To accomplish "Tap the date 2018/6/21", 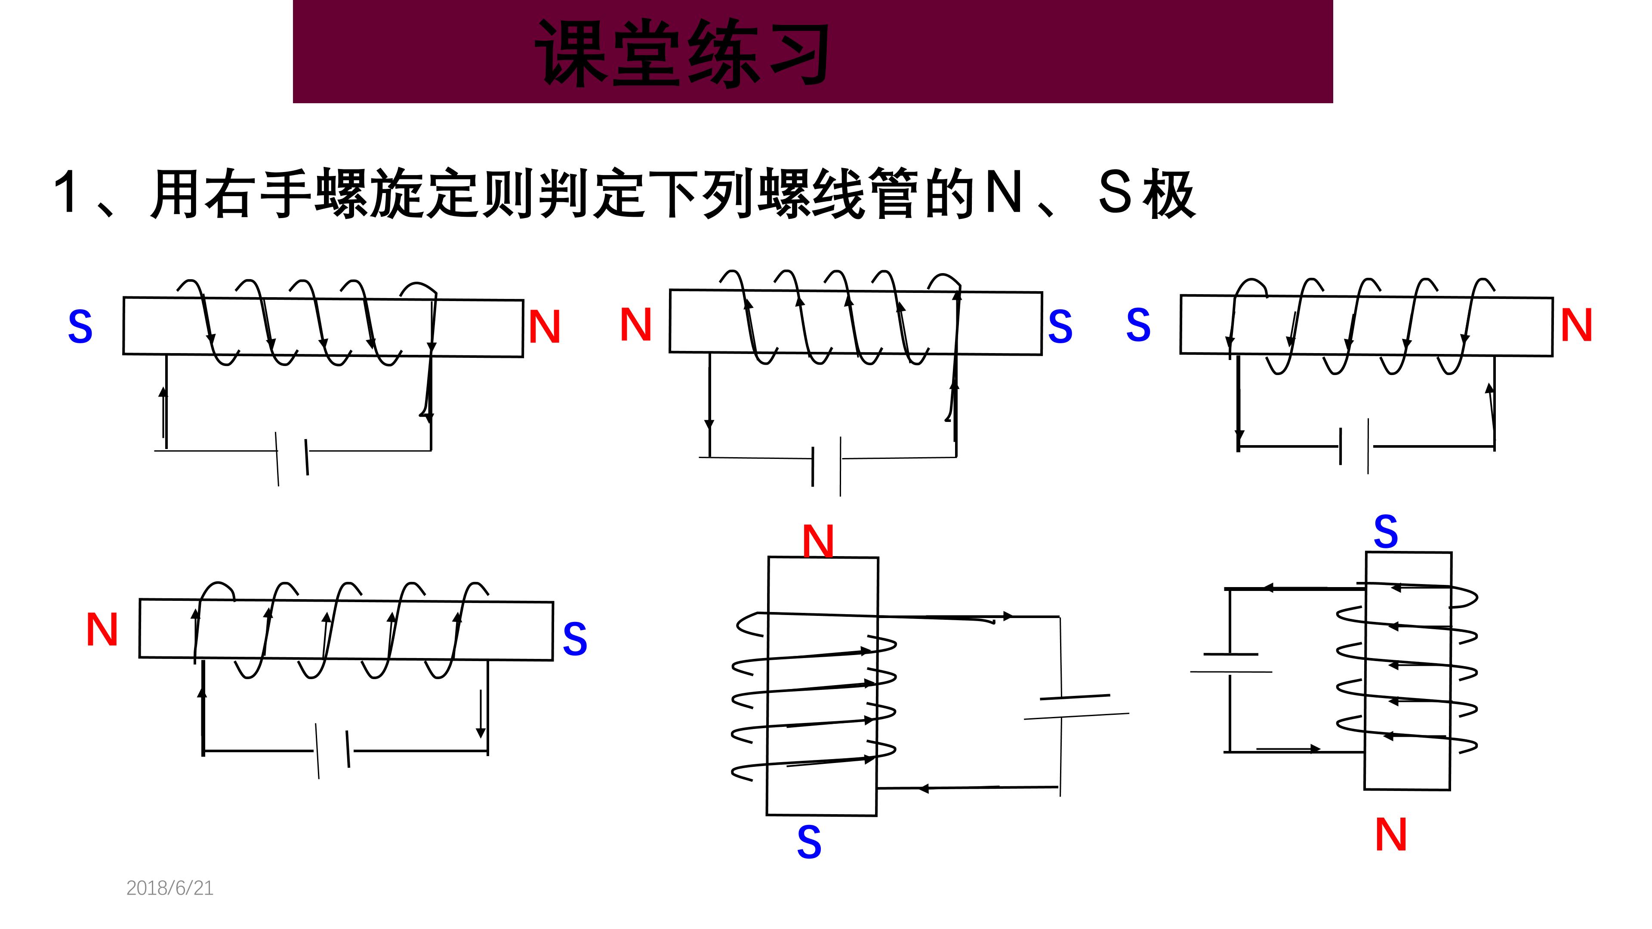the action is pyautogui.click(x=170, y=888).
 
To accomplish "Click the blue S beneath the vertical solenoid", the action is pyautogui.click(x=809, y=842).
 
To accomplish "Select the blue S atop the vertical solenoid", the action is pyautogui.click(x=1385, y=532).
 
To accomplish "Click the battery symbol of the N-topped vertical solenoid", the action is pyautogui.click(x=1076, y=706).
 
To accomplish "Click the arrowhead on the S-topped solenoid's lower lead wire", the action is pyautogui.click(x=1315, y=748).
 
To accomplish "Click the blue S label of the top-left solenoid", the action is pyautogui.click(x=80, y=327).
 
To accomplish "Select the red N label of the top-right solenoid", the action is pyautogui.click(x=1576, y=325).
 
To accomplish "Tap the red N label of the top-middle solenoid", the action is pyautogui.click(x=635, y=324).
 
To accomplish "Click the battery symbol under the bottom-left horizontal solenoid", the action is pyautogui.click(x=333, y=750).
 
